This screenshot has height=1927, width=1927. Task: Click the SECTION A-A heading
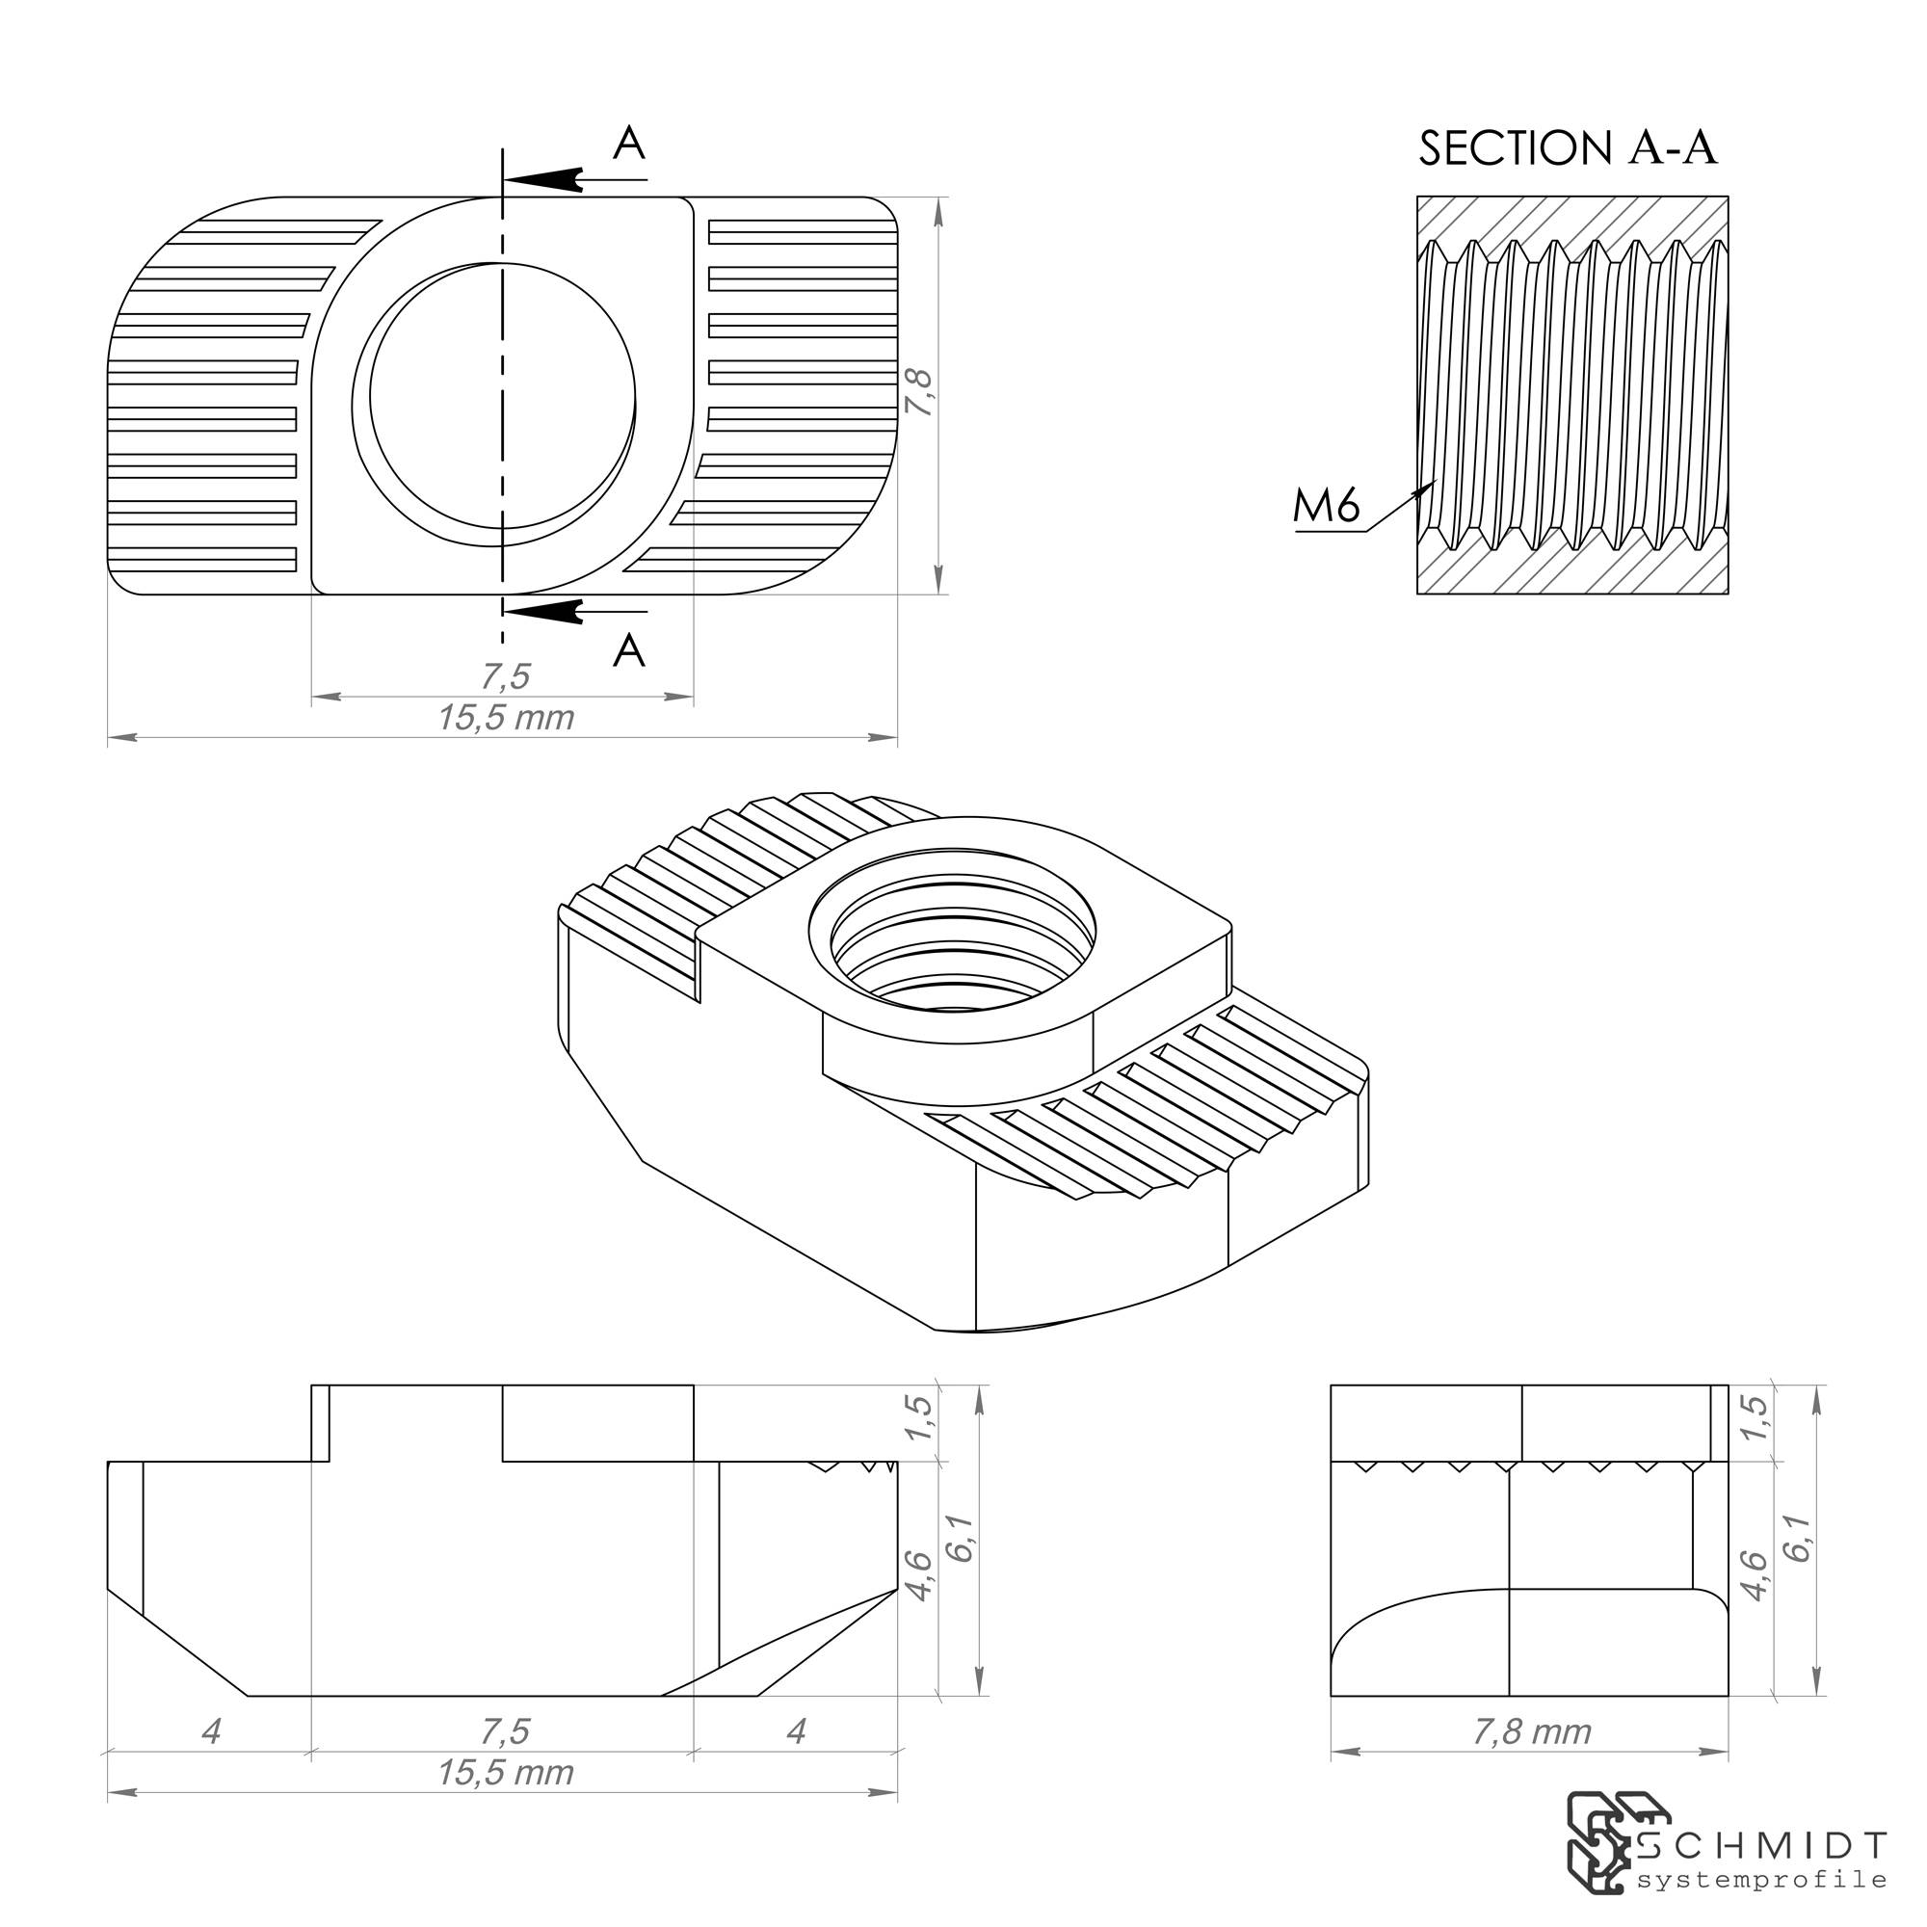1567,147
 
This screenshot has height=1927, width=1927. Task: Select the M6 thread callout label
1327,507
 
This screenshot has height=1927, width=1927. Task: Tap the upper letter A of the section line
628,144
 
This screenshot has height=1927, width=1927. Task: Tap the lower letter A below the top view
628,651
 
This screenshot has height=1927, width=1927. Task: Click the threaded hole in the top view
502,396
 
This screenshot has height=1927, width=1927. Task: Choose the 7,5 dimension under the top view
505,677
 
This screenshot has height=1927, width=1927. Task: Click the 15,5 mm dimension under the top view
505,717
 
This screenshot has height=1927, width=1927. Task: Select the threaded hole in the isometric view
953,942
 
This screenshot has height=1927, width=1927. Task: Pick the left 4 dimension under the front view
210,1731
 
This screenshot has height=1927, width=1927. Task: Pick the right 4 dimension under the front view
795,1731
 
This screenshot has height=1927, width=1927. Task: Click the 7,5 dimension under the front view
505,1731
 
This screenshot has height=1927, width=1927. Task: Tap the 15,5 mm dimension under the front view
505,1773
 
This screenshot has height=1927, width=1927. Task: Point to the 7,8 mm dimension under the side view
1531,1731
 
